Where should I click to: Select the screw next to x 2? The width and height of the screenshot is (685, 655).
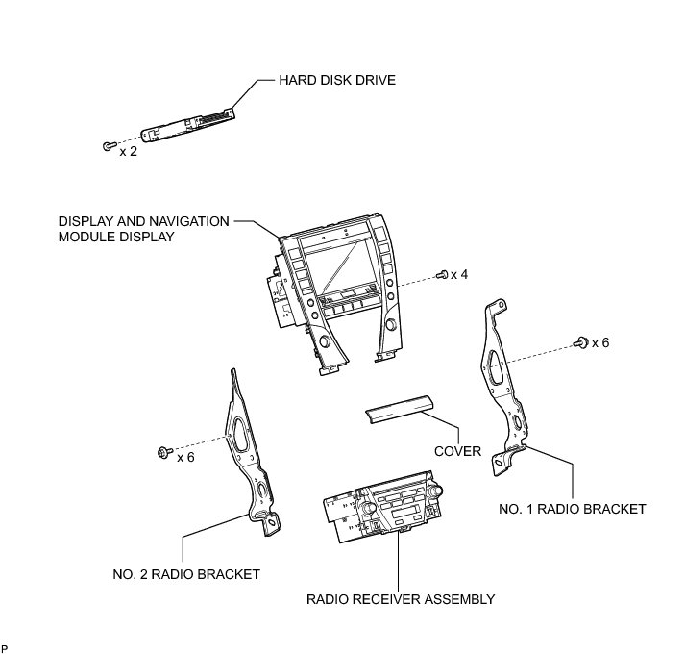coord(106,146)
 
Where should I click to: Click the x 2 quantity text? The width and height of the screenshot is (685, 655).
coord(128,151)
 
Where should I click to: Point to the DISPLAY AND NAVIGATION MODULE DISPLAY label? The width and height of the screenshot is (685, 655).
coord(143,228)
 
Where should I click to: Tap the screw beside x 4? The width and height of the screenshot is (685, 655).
coord(443,275)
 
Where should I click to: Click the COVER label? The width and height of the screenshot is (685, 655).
coord(458,451)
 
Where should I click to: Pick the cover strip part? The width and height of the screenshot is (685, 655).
coord(397,412)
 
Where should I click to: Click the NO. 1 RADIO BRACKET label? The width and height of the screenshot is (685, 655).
coord(573,509)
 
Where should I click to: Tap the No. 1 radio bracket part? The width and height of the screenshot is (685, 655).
coord(503,385)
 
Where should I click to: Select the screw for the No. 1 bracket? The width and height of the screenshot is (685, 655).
coord(580,341)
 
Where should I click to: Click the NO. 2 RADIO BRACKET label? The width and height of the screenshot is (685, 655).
coord(186,574)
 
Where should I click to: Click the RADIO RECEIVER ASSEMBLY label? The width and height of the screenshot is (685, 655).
coord(401,599)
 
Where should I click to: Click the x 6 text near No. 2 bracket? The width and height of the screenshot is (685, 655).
coord(185,457)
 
